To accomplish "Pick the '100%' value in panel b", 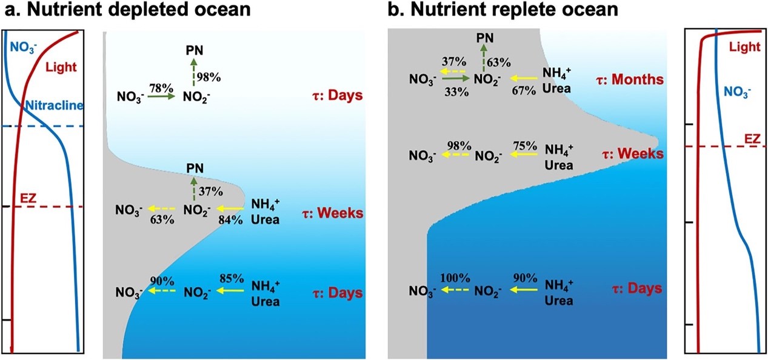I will click(455, 278).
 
